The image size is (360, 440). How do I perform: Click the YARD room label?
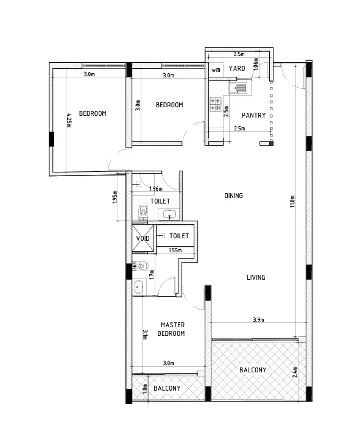[x=237, y=68]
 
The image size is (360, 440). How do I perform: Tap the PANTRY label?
[x=254, y=115]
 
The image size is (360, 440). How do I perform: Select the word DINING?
[x=233, y=196]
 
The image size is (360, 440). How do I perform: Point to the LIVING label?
[x=256, y=277]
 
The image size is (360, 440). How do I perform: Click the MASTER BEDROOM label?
[x=171, y=329]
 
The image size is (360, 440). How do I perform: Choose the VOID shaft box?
[x=143, y=238]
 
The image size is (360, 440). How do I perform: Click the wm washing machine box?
[x=216, y=70]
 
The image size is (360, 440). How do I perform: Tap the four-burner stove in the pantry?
[x=216, y=104]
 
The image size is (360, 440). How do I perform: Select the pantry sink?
[x=238, y=88]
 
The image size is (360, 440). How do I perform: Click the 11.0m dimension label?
[x=292, y=201]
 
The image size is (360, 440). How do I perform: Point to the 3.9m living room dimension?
[x=258, y=319]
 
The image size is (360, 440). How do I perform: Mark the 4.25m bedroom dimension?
[x=69, y=120]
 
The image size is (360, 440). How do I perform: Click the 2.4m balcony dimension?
[x=295, y=372]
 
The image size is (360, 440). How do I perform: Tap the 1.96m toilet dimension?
[x=156, y=188]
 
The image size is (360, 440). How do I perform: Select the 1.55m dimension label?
[x=175, y=250]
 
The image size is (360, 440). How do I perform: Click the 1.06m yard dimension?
[x=255, y=64]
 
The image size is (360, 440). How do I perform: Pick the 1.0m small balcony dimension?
[x=145, y=389]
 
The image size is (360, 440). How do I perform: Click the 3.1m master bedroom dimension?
[x=145, y=335]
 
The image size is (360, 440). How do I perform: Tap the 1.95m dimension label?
[x=115, y=197]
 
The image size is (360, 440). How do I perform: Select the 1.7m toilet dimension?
[x=152, y=274]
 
